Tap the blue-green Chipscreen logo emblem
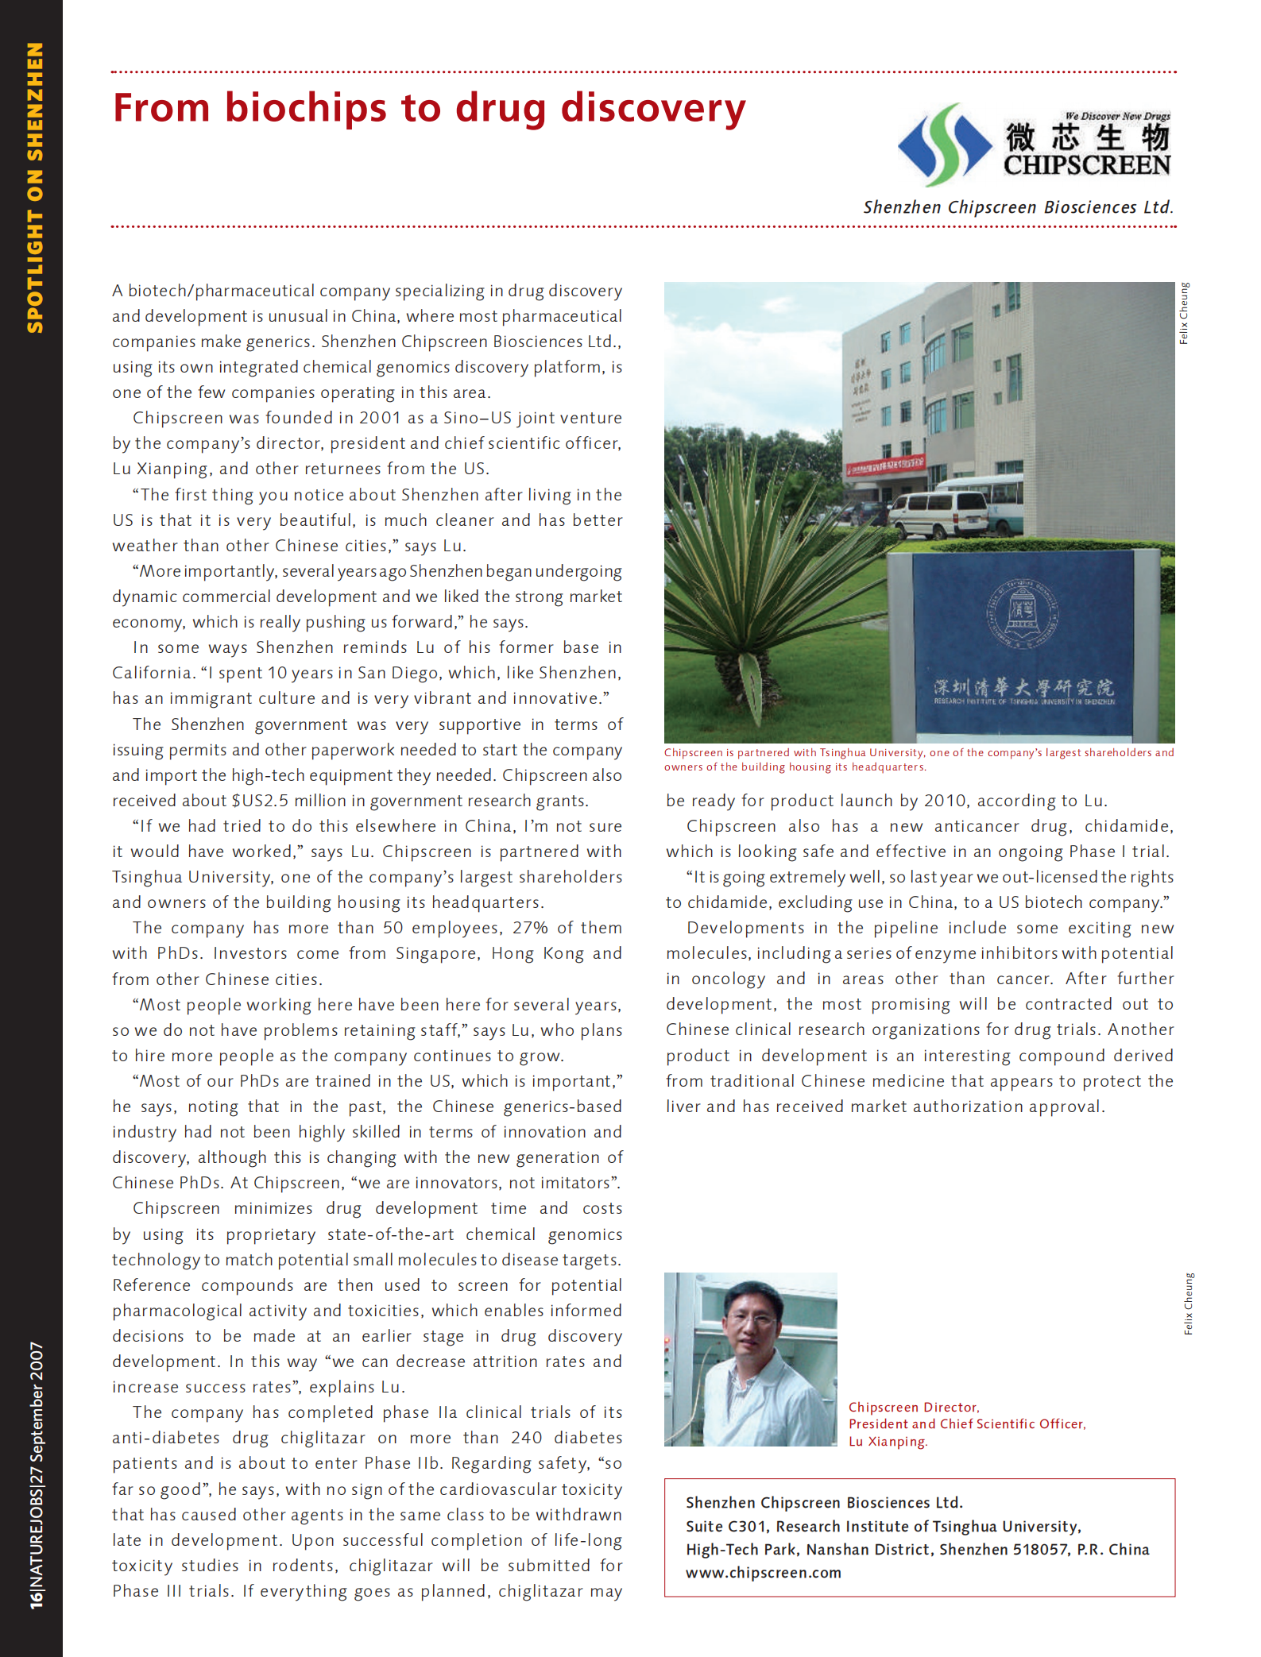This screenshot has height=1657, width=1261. tap(944, 145)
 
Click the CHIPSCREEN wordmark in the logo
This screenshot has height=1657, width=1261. tap(1086, 165)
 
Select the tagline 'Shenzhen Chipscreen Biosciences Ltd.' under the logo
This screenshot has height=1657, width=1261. tap(1018, 207)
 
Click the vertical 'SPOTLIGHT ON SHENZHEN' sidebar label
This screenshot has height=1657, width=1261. tap(35, 187)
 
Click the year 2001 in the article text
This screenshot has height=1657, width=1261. tap(379, 418)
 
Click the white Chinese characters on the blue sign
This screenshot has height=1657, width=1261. tap(1023, 686)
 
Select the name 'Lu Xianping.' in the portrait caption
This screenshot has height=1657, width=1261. tap(888, 1442)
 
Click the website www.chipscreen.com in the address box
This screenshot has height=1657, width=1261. tap(763, 1573)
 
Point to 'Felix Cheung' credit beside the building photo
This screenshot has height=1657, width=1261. tap(1184, 313)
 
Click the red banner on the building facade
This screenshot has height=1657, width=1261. tap(884, 465)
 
